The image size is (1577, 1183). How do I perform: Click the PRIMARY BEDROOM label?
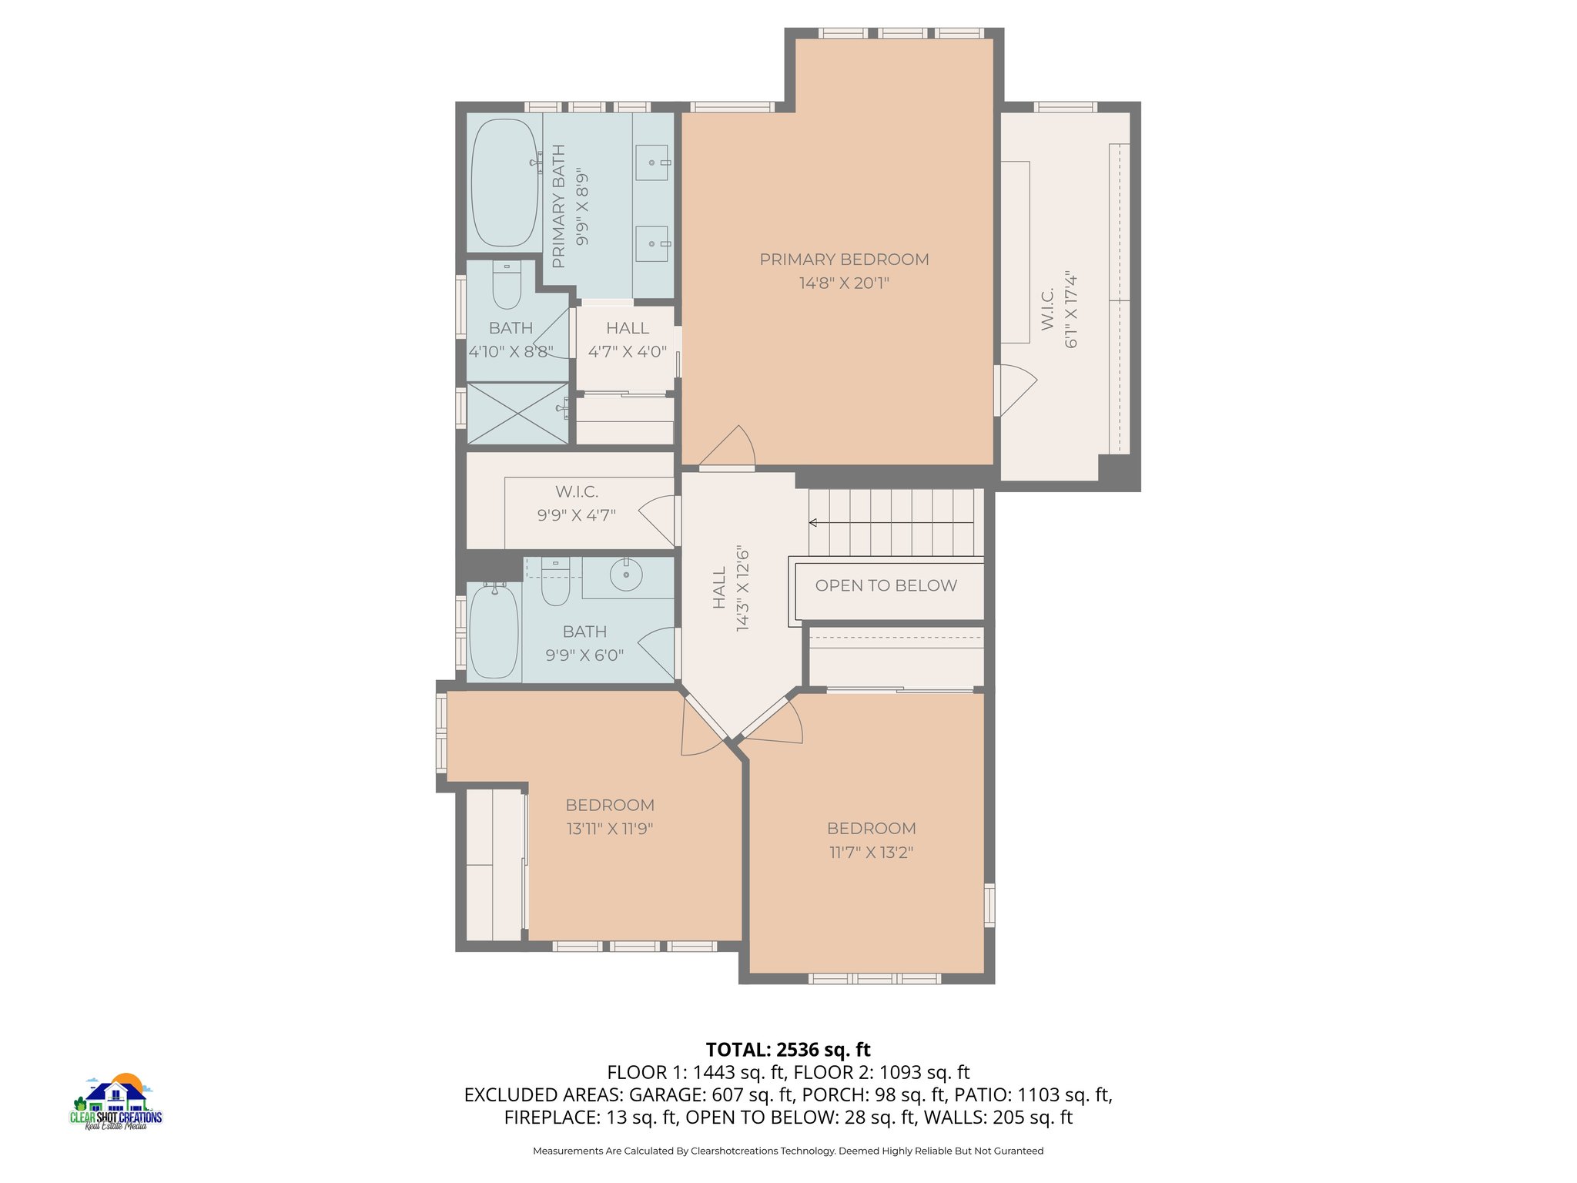coord(844,260)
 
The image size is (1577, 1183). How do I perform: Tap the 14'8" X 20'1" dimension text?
coord(844,283)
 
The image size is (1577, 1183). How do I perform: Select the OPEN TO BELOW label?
coord(886,585)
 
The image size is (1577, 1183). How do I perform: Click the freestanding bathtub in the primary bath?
coord(504,183)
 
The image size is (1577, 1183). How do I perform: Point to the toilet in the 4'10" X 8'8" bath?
coord(507,285)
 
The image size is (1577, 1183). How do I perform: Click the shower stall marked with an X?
coord(517,414)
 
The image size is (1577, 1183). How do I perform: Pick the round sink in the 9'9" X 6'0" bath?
coord(626,575)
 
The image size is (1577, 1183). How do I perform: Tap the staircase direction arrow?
coord(891,523)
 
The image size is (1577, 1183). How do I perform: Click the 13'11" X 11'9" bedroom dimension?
coord(610,829)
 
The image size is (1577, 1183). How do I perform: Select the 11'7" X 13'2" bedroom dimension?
coord(872,853)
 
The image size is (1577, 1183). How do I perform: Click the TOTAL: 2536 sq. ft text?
coord(788,1050)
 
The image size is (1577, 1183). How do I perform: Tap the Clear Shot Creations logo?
coord(116,1101)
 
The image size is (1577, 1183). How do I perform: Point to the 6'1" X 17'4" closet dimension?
coord(1071,310)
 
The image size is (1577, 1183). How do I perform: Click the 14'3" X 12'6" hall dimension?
coord(742,589)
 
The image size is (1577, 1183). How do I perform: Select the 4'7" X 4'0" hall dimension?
coord(628,352)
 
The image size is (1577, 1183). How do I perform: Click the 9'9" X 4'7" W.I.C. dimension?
coord(577,515)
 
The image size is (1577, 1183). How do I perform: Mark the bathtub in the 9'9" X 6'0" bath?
coord(494,631)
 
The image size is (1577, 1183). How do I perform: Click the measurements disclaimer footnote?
coord(788,1151)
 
